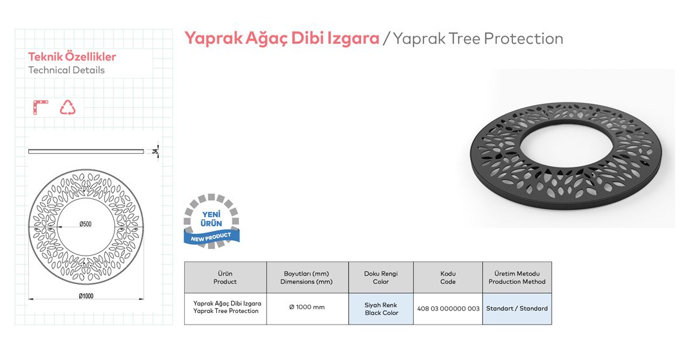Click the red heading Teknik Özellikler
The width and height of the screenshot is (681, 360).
coord(72,57)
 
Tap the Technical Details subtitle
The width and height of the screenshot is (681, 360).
coord(66,70)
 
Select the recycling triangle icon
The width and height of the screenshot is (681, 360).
coord(68,108)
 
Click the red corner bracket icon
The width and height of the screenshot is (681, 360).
coord(41,107)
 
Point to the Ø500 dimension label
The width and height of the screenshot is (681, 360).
coord(86,224)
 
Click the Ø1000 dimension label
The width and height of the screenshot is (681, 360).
coord(86,296)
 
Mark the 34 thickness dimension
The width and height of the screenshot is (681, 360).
coord(155,151)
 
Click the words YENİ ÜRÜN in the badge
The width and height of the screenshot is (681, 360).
coord(211,219)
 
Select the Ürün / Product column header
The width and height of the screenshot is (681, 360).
coord(225,278)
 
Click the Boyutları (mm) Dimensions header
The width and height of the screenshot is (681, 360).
coord(306,278)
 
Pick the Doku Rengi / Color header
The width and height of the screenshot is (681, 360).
coord(381,278)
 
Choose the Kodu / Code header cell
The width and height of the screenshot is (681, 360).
coord(448,278)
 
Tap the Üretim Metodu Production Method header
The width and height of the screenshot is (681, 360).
coord(517,278)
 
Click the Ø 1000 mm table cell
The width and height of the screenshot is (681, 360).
coord(307,307)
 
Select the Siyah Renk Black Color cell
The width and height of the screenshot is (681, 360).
coord(381,308)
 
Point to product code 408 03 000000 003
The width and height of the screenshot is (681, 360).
coord(448,308)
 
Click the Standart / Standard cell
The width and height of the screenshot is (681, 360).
coord(517,308)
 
